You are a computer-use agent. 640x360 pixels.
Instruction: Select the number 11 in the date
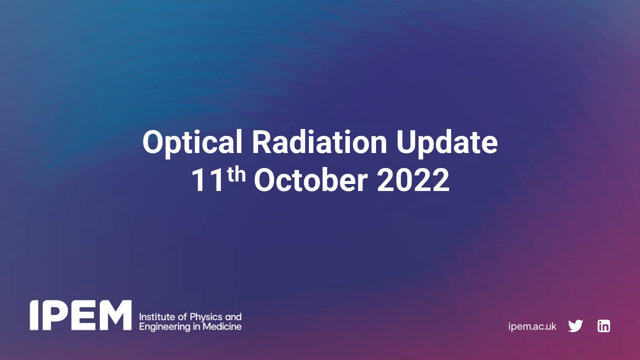[x=206, y=181]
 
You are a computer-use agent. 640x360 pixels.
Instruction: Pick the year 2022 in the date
[x=413, y=181]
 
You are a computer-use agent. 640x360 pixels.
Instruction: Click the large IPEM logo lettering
[x=80, y=315]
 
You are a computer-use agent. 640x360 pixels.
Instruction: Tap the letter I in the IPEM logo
[x=34, y=315]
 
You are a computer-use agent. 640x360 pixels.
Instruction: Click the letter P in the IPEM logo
[x=53, y=315]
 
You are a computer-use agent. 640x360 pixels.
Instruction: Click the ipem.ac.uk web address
[x=532, y=326]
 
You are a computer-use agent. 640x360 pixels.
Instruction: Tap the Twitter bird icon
[x=575, y=326]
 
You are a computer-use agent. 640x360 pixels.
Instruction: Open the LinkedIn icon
[x=603, y=326]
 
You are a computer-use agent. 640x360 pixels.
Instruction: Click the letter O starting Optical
[x=153, y=143]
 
